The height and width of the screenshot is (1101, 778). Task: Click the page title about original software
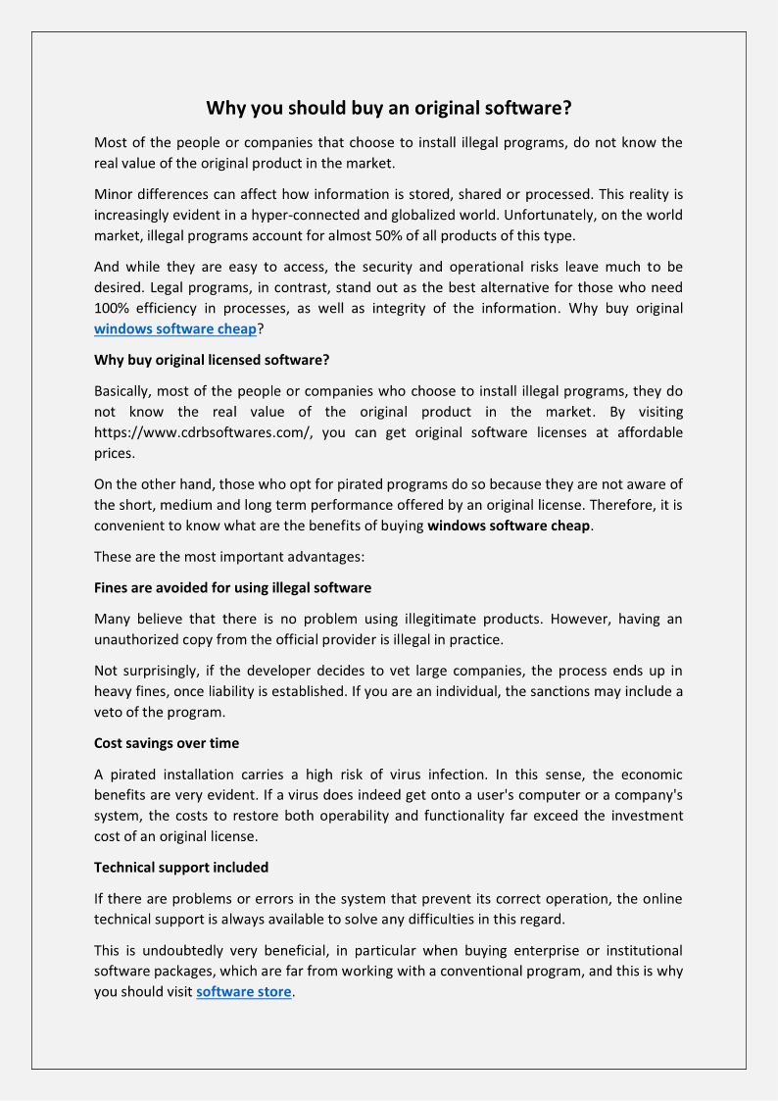pyautogui.click(x=388, y=108)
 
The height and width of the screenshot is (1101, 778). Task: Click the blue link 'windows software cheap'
pyautogui.click(x=174, y=329)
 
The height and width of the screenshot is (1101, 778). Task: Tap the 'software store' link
pyautogui.click(x=243, y=992)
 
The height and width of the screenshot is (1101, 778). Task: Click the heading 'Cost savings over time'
pyautogui.click(x=167, y=742)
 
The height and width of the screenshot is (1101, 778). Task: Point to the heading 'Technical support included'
pyautogui.click(x=181, y=867)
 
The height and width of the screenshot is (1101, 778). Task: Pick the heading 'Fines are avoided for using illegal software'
pyautogui.click(x=232, y=588)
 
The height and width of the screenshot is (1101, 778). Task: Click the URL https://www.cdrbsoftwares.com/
pyautogui.click(x=203, y=432)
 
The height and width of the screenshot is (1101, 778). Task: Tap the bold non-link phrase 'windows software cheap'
pyautogui.click(x=509, y=526)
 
